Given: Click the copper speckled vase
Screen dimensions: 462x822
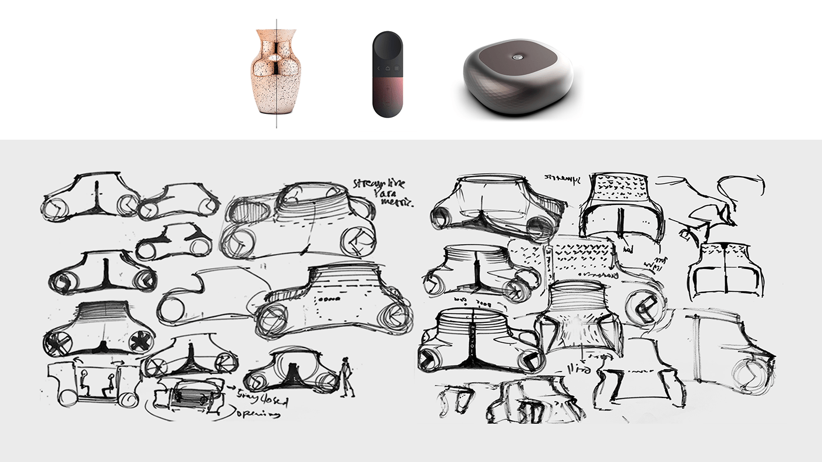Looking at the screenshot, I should (265, 73).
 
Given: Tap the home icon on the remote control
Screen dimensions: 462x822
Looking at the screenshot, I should (388, 69).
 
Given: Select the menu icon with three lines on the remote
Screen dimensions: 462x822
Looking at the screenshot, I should (396, 69).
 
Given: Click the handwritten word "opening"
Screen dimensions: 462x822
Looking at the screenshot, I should (258, 413).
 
